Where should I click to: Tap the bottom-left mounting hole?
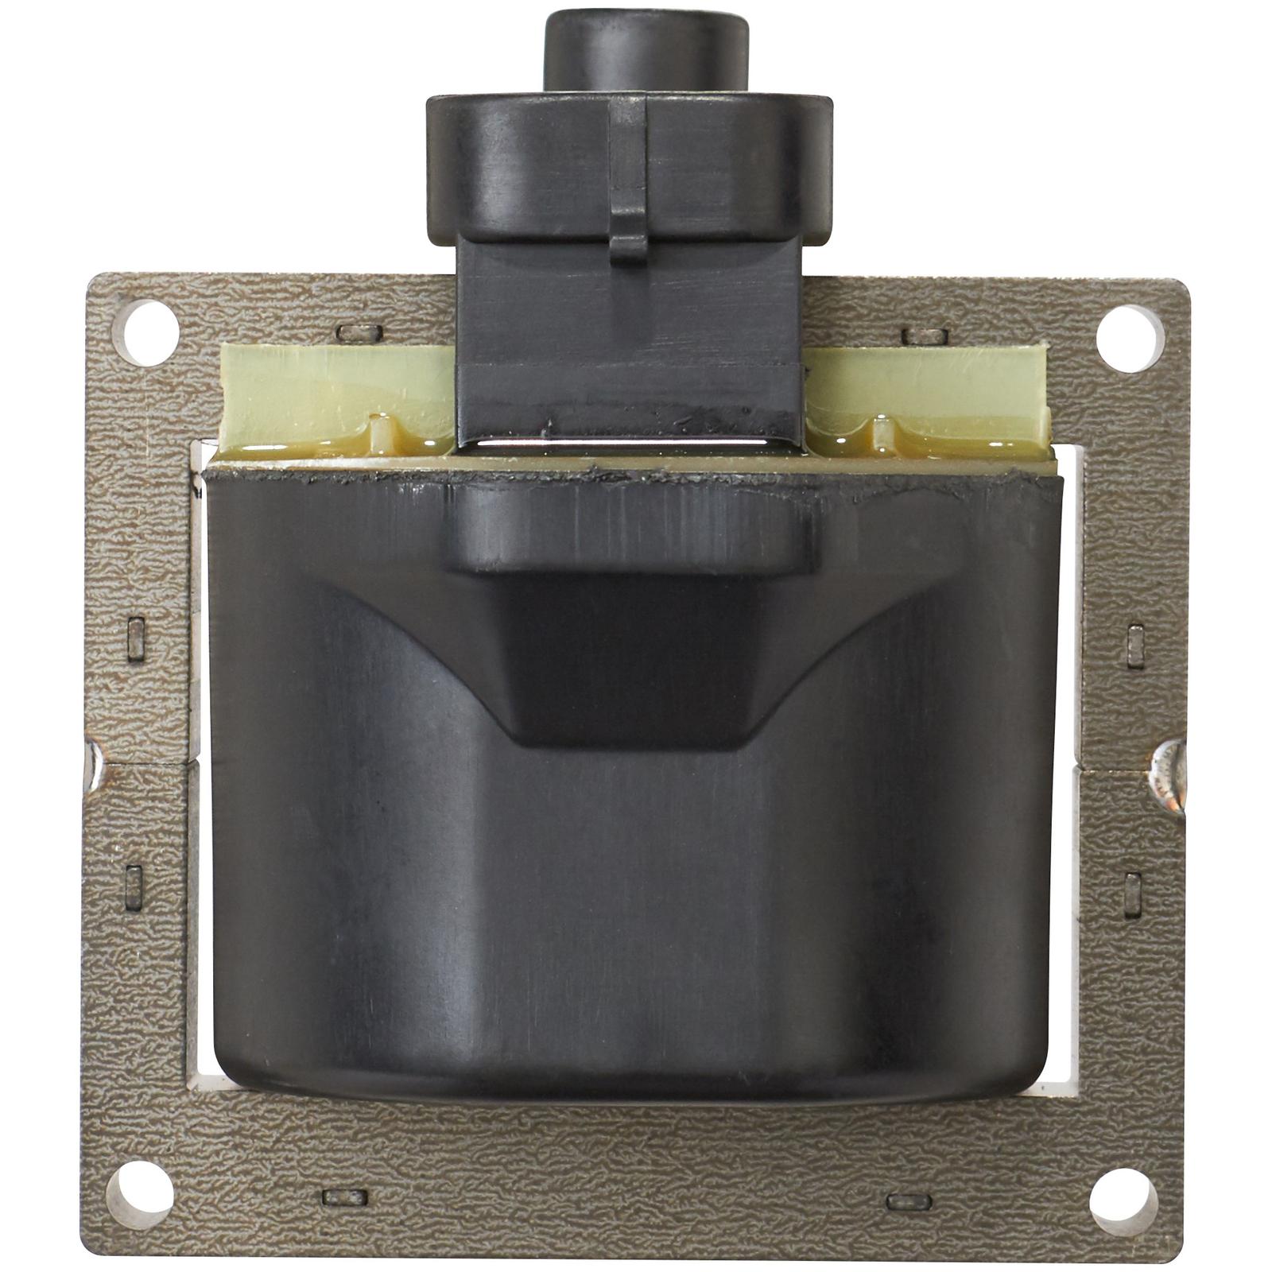tap(140, 1193)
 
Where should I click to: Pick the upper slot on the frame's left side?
tap(136, 640)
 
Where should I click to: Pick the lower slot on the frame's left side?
tap(134, 887)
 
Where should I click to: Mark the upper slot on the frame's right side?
tap(1135, 646)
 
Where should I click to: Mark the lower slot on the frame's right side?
tap(1133, 894)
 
